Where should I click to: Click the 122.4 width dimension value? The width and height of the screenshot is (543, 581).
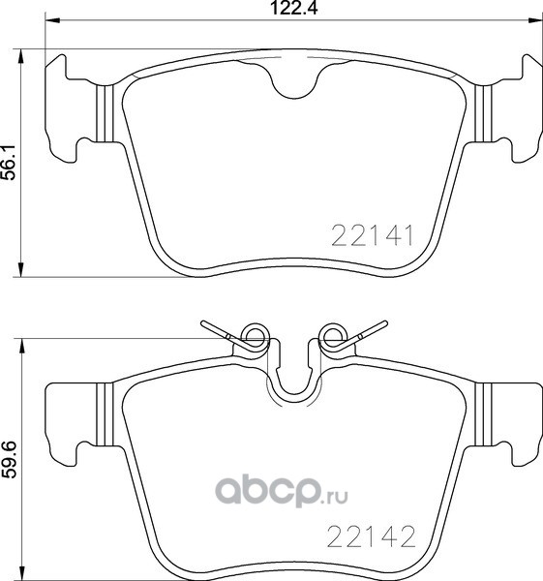[x=294, y=8]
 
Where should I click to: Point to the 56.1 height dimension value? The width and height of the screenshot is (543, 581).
[x=10, y=163]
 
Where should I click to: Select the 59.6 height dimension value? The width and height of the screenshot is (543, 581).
[x=10, y=459]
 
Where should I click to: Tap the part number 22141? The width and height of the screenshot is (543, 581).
[x=372, y=236]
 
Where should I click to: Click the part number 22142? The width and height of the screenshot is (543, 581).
[x=371, y=537]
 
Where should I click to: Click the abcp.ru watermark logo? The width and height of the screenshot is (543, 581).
[x=282, y=492]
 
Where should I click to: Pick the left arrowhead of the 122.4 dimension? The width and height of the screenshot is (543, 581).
[x=52, y=20]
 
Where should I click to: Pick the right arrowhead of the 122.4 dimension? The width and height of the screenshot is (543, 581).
[x=535, y=20]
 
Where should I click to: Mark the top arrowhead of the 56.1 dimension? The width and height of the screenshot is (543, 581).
[x=21, y=56]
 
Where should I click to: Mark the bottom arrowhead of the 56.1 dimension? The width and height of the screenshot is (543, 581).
[x=21, y=269]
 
